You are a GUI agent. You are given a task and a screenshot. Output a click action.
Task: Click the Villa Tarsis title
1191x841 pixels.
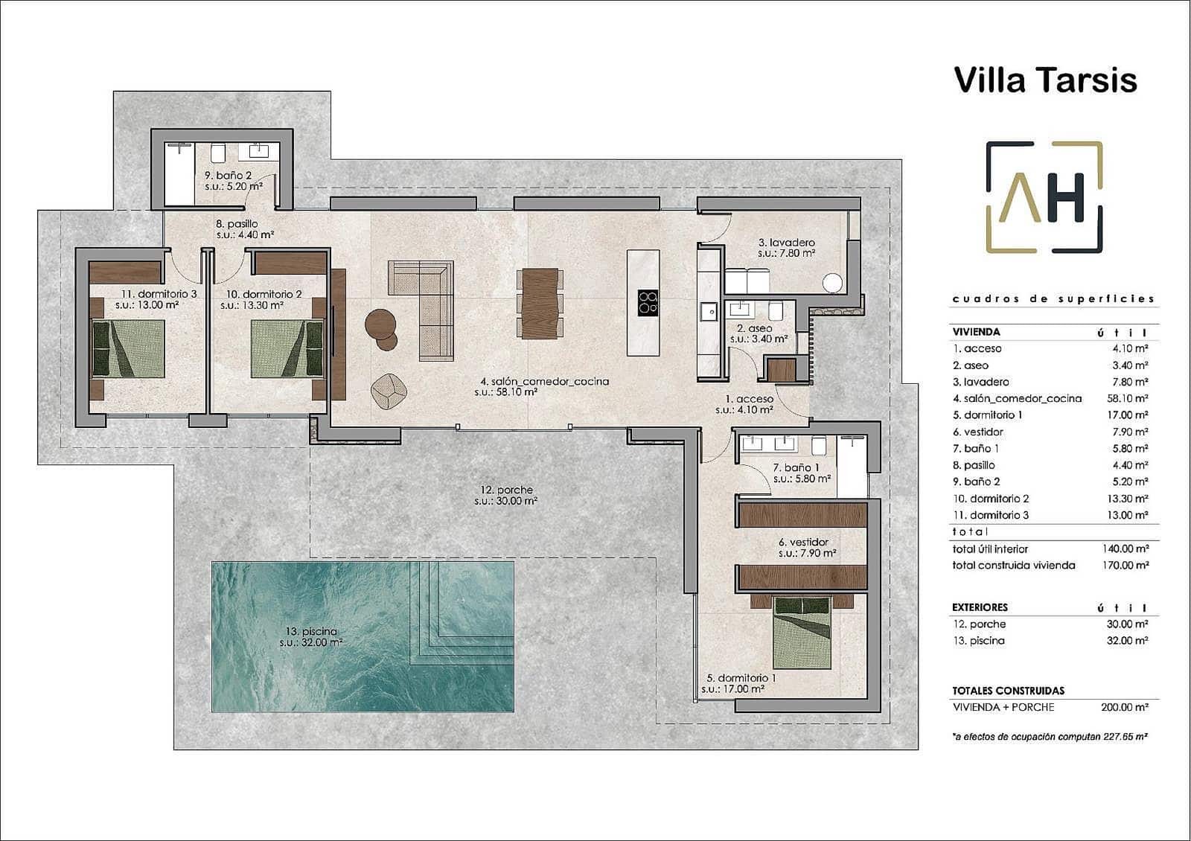pyautogui.click(x=1045, y=80)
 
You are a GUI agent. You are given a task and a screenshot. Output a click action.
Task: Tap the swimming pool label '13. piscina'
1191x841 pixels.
pyautogui.click(x=308, y=632)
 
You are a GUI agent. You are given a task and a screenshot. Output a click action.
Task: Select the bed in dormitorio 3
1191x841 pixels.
pyautogui.click(x=127, y=348)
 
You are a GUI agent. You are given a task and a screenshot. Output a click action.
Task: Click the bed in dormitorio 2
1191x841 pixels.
pyautogui.click(x=287, y=348)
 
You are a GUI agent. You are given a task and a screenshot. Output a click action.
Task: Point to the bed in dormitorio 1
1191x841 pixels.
pyautogui.click(x=802, y=633)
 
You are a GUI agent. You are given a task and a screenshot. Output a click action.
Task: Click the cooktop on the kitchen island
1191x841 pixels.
pyautogui.click(x=648, y=301)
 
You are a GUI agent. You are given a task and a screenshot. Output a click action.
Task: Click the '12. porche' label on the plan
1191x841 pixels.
pyautogui.click(x=506, y=490)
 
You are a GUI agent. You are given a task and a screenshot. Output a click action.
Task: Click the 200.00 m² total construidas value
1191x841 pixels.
pyautogui.click(x=1124, y=707)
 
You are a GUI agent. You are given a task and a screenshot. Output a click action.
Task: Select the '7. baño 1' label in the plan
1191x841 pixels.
pyautogui.click(x=796, y=467)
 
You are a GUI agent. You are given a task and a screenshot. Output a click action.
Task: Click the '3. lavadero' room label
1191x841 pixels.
pyautogui.click(x=786, y=243)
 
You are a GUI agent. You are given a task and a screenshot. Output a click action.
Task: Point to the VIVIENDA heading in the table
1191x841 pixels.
pyautogui.click(x=976, y=332)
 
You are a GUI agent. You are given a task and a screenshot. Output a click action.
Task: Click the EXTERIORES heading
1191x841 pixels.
pyautogui.click(x=980, y=607)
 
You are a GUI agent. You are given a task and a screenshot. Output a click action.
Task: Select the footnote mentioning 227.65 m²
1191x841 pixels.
pyautogui.click(x=1050, y=736)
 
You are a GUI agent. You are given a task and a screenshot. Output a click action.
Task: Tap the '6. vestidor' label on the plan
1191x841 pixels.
pyautogui.click(x=803, y=543)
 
